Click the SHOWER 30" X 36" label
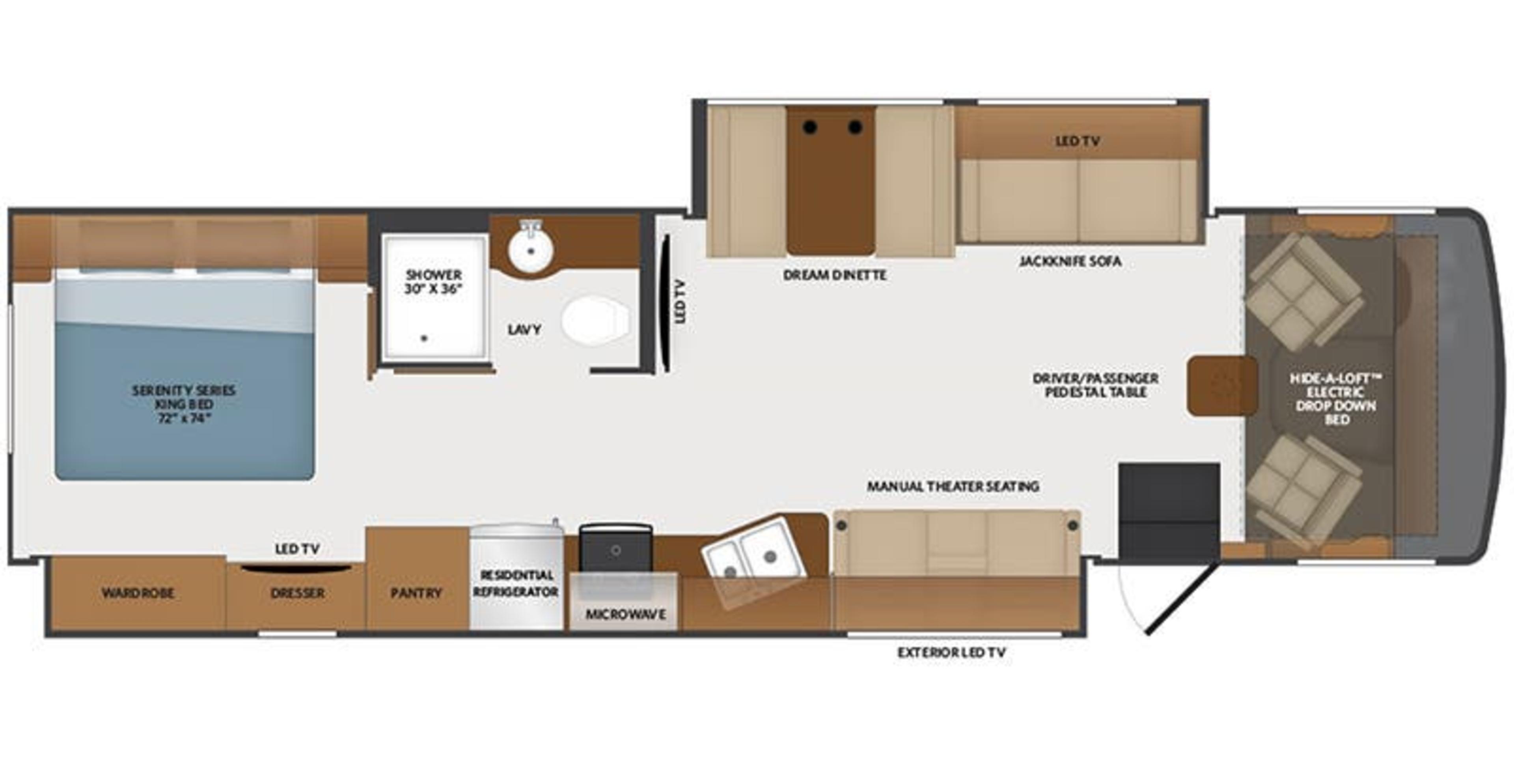433,282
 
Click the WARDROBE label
138,593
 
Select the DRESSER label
297,593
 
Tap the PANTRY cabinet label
416,593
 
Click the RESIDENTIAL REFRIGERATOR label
515,583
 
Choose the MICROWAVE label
625,614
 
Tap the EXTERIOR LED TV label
951,653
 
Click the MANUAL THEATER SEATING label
953,487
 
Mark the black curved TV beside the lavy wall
666,303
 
